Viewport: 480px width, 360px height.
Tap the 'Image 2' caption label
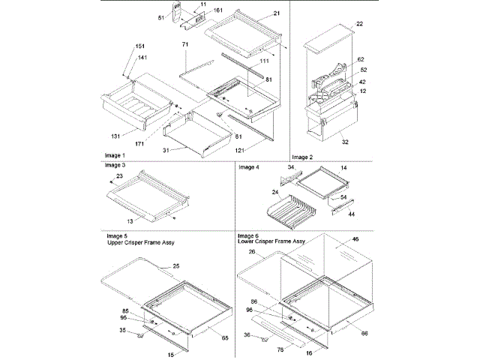pos(301,156)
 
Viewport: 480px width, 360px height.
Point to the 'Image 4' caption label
pos(249,167)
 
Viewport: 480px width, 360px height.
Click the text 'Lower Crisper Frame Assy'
pos(271,241)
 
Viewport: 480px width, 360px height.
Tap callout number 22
pos(359,24)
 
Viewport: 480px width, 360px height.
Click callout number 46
pos(355,238)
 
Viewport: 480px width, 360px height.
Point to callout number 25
pos(177,265)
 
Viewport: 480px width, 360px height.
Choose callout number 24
pos(255,192)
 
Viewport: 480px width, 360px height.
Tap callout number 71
pos(184,46)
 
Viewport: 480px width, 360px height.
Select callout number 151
pos(119,46)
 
